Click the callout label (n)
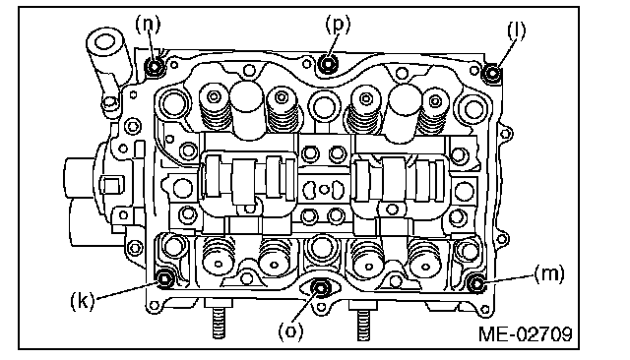pos(148,24)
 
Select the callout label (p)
pos(338,24)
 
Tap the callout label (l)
pos(516,30)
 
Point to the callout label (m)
pos(549,274)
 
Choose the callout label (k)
pos(83,300)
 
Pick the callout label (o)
pos(291,331)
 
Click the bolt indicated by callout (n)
pos(155,67)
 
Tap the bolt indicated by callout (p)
pos(328,64)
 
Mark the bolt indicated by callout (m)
pos(476,283)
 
